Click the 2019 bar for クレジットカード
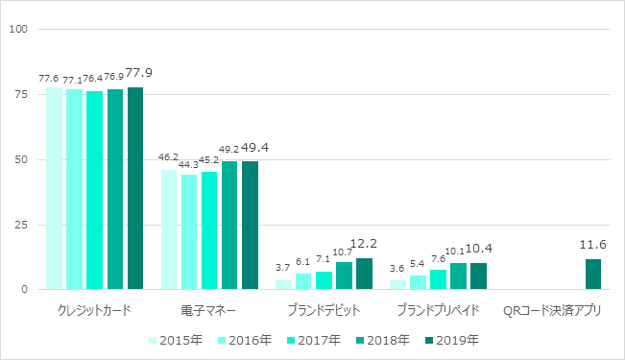coord(135,188)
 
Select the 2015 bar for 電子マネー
coord(169,229)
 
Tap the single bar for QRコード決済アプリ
coord(593,275)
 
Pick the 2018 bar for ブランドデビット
coord(345,276)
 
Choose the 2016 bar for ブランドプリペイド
coord(418,282)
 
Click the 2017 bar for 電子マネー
coord(209,230)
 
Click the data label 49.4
coord(255,148)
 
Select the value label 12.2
coord(364,243)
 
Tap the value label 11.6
coord(592,245)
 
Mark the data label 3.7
coord(282,268)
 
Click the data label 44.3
coord(189,164)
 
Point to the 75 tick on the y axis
coord(21,94)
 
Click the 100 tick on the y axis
coord(19,29)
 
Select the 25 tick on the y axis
coord(21,225)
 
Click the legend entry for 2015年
coord(176,340)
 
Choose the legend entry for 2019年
coord(452,340)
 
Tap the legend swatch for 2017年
coord(291,341)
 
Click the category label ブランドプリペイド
coord(438,310)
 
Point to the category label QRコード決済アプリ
coord(552,310)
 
